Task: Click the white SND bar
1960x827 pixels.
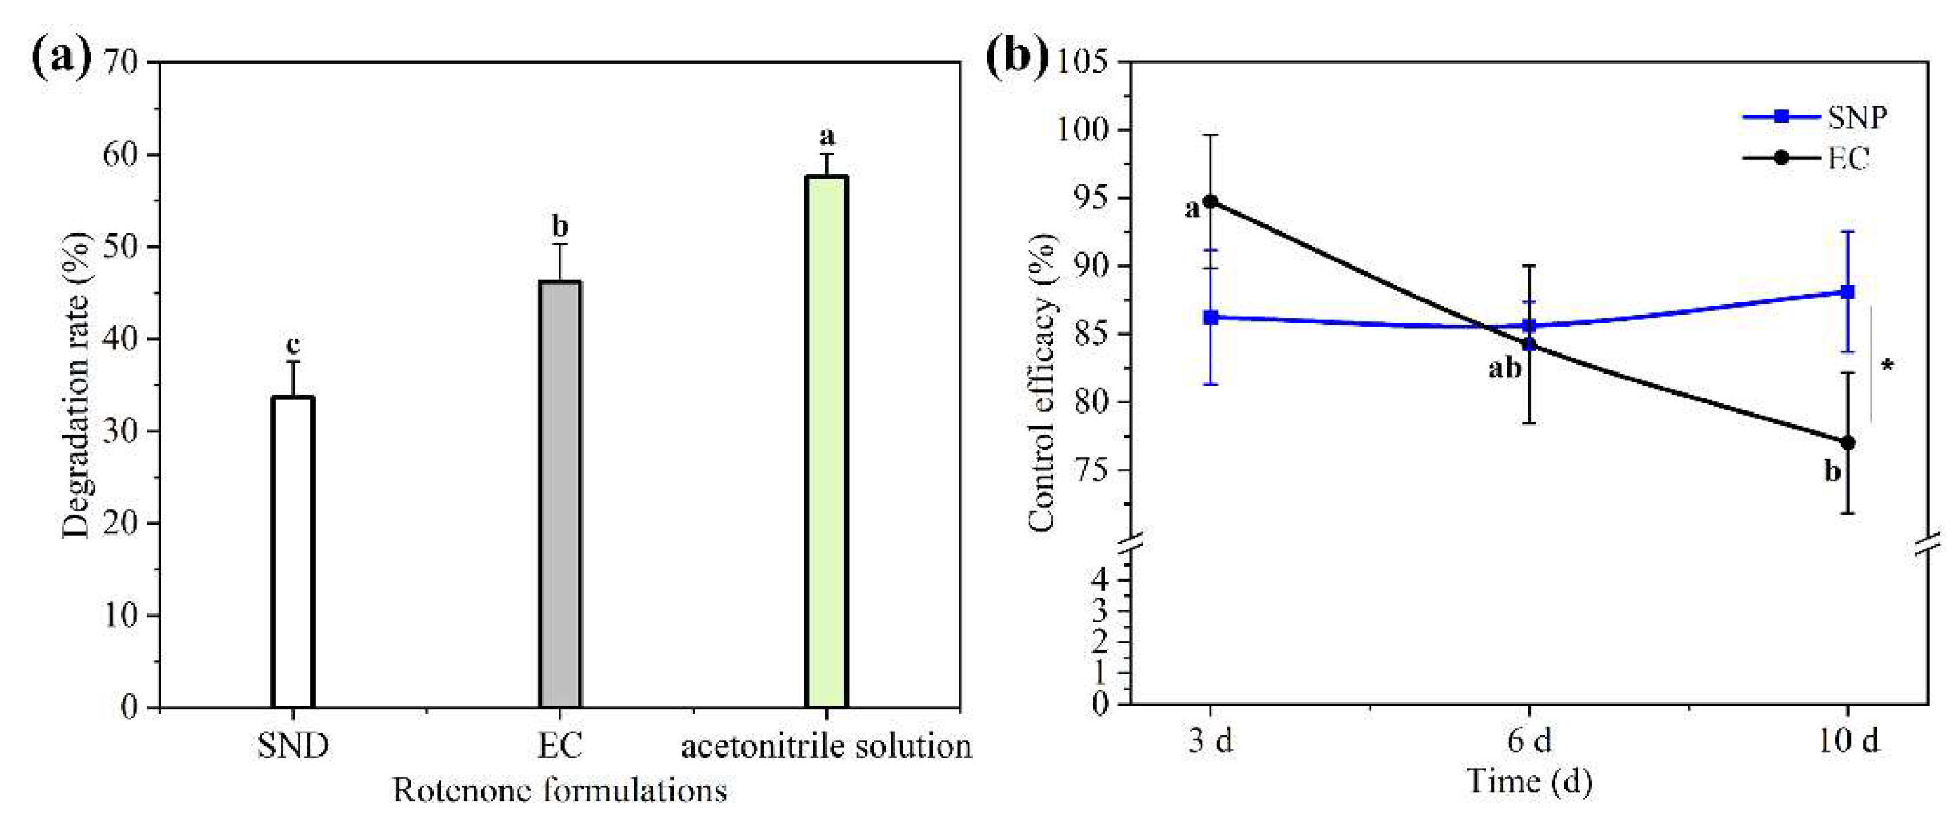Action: coord(293,552)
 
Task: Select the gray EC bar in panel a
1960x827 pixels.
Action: coord(560,495)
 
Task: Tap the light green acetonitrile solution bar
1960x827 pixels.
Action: coord(826,441)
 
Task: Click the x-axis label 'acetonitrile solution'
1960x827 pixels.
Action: coord(826,746)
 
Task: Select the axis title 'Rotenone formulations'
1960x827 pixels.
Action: coord(559,791)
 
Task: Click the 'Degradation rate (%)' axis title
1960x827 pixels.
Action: coord(76,384)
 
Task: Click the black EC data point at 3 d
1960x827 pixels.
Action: coord(1210,201)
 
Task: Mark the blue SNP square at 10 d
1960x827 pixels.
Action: coord(1847,291)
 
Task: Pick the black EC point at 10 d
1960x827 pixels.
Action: coord(1847,443)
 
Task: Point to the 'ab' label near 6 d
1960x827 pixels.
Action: coord(1505,369)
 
